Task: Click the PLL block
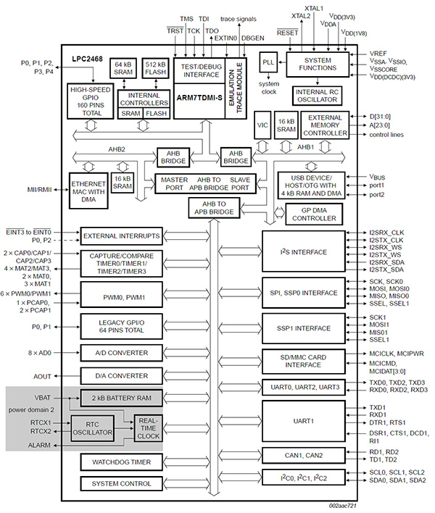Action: click(270, 62)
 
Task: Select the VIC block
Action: click(262, 125)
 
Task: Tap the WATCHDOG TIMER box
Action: click(121, 462)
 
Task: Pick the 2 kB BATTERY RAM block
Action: click(121, 399)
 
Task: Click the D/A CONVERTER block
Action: click(121, 376)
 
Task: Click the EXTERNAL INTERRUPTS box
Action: click(121, 236)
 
